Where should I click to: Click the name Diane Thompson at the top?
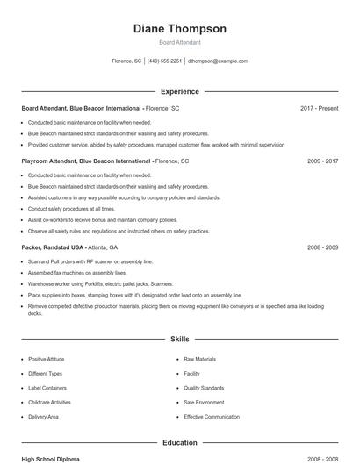(x=179, y=29)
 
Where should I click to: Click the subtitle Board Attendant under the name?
(x=179, y=42)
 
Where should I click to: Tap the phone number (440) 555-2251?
(x=164, y=61)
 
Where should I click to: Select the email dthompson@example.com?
(x=219, y=61)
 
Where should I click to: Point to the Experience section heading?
(x=179, y=91)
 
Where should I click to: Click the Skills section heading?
(x=179, y=339)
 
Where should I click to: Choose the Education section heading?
(x=179, y=443)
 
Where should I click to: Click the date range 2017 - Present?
(x=319, y=108)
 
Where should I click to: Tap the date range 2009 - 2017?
(x=322, y=161)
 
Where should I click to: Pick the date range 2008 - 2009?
(x=322, y=247)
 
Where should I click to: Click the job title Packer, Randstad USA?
(x=53, y=247)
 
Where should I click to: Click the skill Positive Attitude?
(x=45, y=360)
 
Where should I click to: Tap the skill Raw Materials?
(x=199, y=360)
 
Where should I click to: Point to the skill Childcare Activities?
(x=49, y=402)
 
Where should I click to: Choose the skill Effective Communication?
(x=211, y=416)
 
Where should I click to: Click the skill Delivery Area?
(x=43, y=416)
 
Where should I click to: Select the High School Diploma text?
(x=51, y=459)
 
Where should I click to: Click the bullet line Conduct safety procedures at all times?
(x=71, y=209)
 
